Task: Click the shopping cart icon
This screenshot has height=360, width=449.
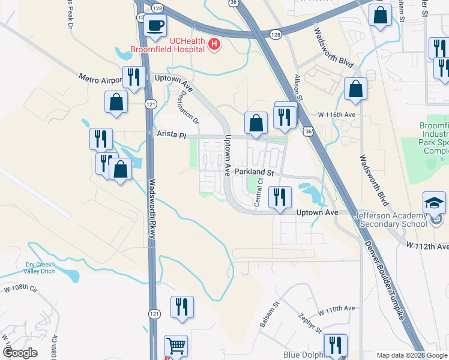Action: [176, 346]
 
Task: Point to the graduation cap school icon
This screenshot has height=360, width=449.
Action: [434, 203]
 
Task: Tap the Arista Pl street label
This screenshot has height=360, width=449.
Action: [172, 136]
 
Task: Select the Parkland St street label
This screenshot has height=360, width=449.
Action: [254, 172]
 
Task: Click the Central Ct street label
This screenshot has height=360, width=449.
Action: [259, 192]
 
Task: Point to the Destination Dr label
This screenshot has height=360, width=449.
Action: [188, 107]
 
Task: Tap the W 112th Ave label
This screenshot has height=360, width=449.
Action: [427, 245]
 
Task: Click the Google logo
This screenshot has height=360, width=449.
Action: [20, 353]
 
